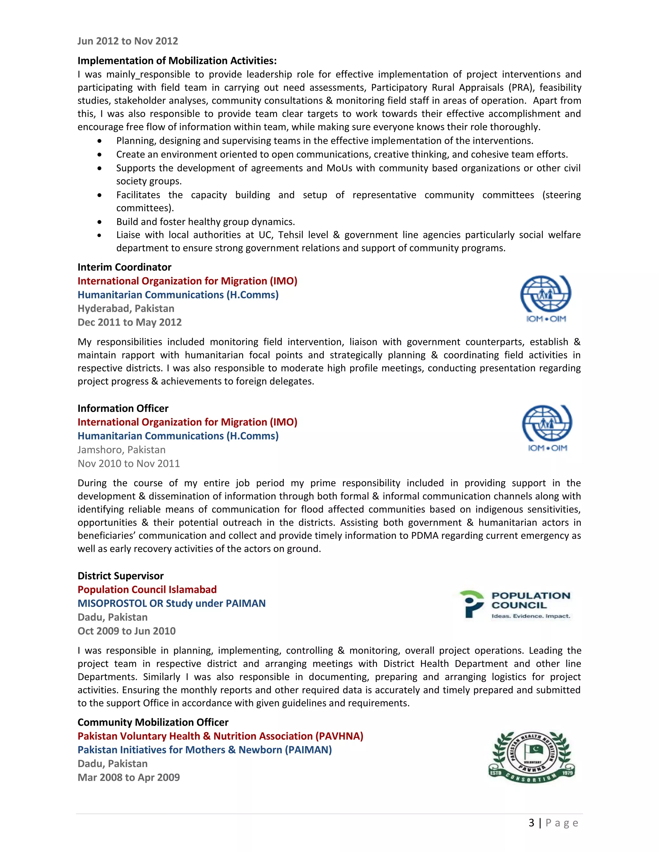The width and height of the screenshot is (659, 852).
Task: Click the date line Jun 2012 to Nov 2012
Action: pos(128,41)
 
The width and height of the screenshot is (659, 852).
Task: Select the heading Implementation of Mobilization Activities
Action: pos(177,60)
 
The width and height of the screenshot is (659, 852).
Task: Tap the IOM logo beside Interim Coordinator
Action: pos(546,299)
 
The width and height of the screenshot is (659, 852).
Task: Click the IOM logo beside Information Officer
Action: pos(547,428)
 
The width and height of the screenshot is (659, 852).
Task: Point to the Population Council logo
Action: pos(515,604)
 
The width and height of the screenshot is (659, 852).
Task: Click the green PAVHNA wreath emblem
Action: pos(531,757)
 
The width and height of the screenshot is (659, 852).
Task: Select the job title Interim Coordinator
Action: pos(124,267)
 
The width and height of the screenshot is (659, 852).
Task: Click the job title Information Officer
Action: pos(123,408)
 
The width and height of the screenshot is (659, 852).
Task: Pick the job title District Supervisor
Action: pos(121,576)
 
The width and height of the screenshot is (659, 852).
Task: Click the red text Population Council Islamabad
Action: pos(147,589)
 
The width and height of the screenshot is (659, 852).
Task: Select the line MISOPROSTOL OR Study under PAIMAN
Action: pos(172,603)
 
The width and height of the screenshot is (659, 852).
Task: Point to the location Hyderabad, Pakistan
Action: pos(126,309)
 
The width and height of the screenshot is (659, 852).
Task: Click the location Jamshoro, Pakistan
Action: pos(121,450)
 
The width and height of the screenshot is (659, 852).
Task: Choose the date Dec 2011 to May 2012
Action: pos(130,322)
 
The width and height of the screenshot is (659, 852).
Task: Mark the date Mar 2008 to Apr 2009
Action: pos(129,777)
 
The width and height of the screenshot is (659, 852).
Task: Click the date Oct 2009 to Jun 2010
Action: pos(126,631)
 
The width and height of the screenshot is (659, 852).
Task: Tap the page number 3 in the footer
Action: pos(531,823)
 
